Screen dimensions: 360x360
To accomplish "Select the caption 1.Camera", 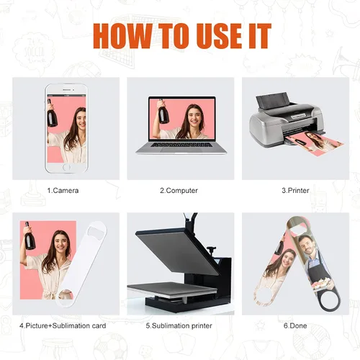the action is click(63, 191).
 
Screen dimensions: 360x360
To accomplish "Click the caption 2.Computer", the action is click(179, 191).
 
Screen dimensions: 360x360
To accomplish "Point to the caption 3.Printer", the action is click(295, 191).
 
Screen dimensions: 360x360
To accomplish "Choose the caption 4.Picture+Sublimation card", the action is click(63, 325).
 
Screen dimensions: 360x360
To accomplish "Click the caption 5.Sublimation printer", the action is click(179, 325).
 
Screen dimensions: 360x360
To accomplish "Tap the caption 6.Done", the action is click(295, 325).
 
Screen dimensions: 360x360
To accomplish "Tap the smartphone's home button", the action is click(66, 167).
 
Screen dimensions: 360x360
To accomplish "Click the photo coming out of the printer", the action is click(315, 143).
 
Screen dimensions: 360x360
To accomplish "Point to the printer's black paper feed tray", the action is click(272, 102).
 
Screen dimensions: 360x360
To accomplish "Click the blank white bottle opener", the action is click(81, 264).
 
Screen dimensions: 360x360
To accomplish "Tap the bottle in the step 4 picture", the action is click(29, 236).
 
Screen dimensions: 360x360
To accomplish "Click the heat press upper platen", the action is click(178, 250).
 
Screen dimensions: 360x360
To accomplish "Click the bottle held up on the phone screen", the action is click(52, 113).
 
